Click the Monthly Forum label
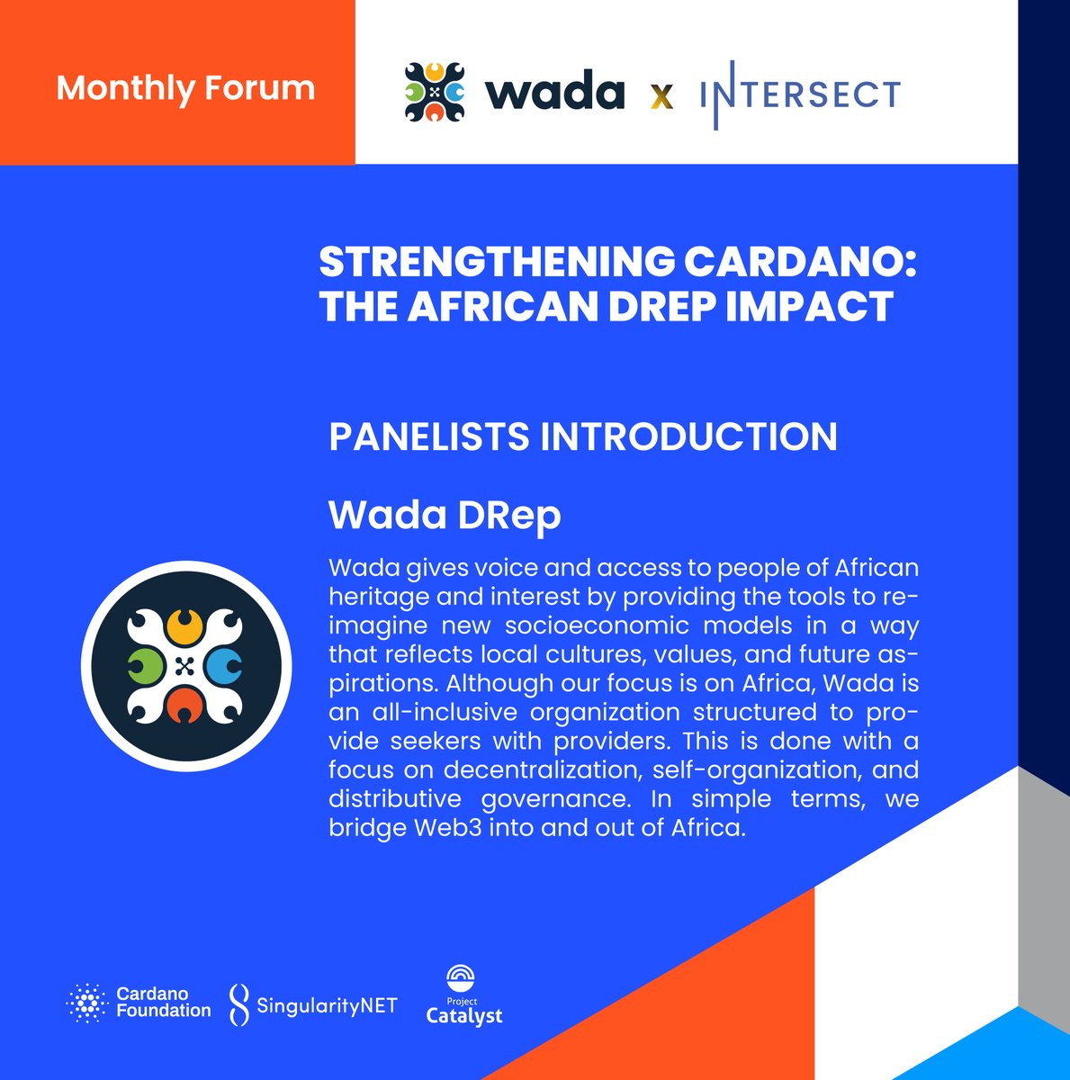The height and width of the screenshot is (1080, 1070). coord(185,88)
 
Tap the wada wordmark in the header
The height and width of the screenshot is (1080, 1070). coord(554,92)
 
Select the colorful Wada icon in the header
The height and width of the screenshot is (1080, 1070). coord(434,92)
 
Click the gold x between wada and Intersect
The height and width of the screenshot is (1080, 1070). coord(662,95)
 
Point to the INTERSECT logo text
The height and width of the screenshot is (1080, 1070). coord(800,94)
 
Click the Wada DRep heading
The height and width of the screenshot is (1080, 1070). coord(445,515)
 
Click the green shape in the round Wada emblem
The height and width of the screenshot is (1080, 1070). coord(143,665)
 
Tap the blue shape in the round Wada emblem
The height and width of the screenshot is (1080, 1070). coord(222,665)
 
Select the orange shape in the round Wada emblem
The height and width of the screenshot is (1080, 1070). coord(185,704)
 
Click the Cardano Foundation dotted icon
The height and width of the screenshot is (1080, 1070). coord(86,1003)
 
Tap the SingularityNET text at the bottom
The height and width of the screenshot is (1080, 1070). coord(326,1005)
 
